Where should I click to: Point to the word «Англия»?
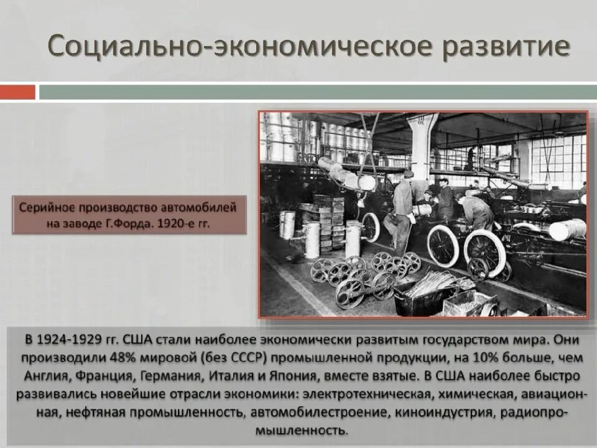click(45, 376)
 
